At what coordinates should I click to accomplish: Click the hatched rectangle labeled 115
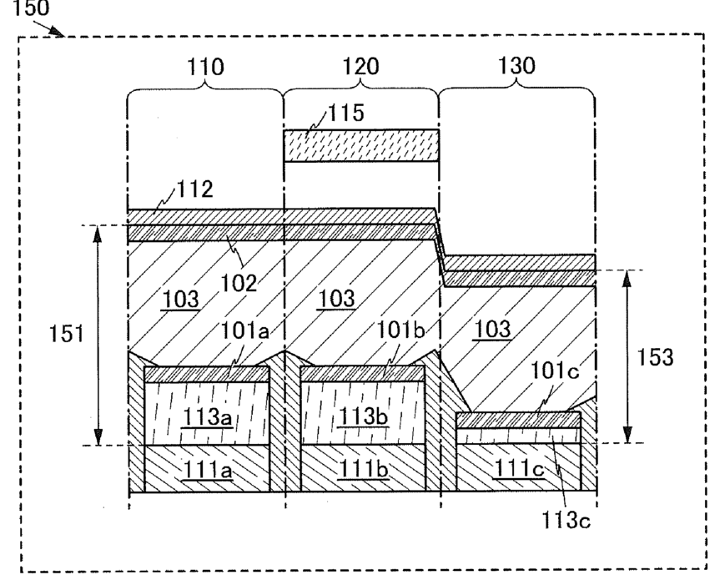point(360,145)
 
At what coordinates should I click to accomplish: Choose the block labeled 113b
point(362,415)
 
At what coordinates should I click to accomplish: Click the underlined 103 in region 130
point(492,329)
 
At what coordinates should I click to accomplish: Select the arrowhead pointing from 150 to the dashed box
point(61,33)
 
